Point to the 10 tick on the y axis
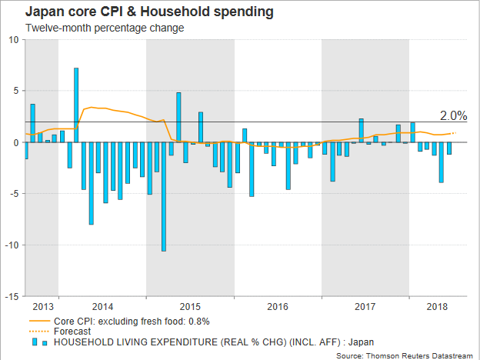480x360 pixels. coord(13,40)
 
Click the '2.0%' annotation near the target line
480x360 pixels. coord(453,115)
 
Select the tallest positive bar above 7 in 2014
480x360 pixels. coord(76,105)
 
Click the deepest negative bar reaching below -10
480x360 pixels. coord(164,196)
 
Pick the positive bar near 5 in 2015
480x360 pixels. coord(178,117)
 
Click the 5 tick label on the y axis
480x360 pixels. coord(16,92)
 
